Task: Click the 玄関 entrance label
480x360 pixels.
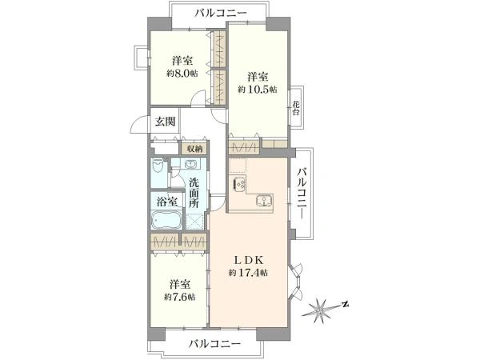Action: click(165, 122)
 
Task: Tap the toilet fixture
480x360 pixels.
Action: click(158, 166)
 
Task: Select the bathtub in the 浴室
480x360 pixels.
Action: click(166, 219)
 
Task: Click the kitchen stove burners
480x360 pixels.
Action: click(239, 184)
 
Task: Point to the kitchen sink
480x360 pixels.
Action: click(263, 200)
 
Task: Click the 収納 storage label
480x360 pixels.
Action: click(194, 150)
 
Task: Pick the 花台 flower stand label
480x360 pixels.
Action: click(295, 108)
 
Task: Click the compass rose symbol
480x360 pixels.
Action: click(320, 311)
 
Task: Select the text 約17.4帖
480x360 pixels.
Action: click(248, 273)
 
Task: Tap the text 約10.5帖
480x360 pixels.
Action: click(258, 90)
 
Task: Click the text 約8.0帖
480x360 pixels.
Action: click(182, 74)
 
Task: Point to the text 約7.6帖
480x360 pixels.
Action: click(179, 297)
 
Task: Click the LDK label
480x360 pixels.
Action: click(249, 260)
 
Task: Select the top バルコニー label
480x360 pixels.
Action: click(221, 13)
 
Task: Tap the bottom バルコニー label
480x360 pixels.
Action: click(214, 344)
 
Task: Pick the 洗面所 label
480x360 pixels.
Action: click(194, 193)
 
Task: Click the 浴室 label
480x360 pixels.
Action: click(167, 202)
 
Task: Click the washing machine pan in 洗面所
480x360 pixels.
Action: click(194, 221)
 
